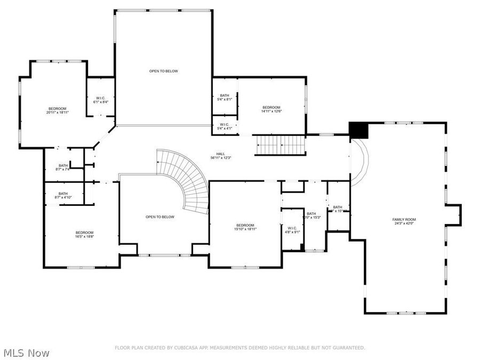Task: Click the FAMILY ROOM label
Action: pos(404,219)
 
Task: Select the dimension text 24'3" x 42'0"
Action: pos(404,224)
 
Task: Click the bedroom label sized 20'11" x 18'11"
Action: pos(58,109)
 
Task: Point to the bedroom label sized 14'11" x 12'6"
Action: pos(271,107)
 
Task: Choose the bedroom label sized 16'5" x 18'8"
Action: pos(84,232)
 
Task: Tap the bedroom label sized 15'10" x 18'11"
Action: pos(245,225)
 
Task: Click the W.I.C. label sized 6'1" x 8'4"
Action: pos(101,98)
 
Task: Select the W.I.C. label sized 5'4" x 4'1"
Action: pos(225,125)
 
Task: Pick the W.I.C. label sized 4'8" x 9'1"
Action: pos(292,228)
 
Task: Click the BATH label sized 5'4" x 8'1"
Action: pos(225,95)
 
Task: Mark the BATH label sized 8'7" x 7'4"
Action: pos(63,165)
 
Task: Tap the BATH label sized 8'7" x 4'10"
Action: pos(63,194)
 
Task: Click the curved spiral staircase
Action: pos(187,179)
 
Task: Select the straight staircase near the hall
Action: pos(281,144)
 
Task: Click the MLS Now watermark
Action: pos(27,353)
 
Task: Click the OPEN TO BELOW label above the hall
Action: pos(163,71)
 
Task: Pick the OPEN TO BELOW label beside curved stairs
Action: pos(160,217)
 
